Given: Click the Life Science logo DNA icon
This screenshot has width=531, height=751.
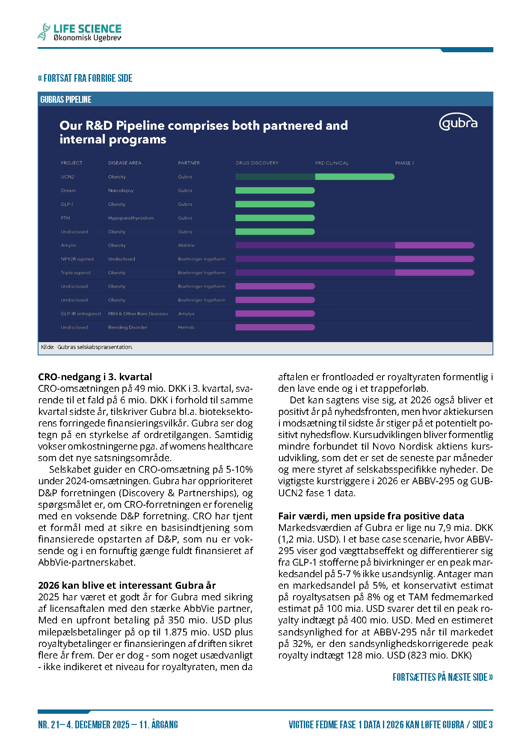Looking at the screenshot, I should (44, 32).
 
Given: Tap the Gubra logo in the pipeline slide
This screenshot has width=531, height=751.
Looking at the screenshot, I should (458, 123).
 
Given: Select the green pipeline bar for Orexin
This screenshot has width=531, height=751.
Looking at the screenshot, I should (275, 191).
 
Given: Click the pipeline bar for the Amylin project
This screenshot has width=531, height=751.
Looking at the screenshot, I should (354, 245).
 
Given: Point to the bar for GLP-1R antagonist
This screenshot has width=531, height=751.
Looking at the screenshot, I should (275, 314).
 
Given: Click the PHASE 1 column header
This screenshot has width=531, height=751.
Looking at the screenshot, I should (404, 163).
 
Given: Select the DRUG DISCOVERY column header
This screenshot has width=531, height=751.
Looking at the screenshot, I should (257, 163).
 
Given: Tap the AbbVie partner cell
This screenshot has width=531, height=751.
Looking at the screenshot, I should (186, 245).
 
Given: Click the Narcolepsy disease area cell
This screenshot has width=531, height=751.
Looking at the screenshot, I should (121, 191).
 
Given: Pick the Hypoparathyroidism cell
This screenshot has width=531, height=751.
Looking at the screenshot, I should (131, 218).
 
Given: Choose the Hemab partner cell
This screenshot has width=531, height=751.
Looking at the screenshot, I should (186, 328).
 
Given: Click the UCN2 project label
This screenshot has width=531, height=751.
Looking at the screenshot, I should (68, 177).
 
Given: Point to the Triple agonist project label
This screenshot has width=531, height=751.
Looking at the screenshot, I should (76, 273).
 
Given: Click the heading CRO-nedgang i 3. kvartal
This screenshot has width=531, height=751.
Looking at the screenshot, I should (95, 377).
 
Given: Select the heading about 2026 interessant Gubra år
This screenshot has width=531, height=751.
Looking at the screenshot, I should (127, 585).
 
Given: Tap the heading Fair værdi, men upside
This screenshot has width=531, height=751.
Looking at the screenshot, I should (371, 516).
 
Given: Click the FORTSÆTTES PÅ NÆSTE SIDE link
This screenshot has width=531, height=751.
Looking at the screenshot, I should (442, 677).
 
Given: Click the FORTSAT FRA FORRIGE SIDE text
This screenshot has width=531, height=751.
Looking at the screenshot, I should (85, 78).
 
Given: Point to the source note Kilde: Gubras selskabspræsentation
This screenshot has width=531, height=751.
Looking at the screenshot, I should (87, 347).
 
